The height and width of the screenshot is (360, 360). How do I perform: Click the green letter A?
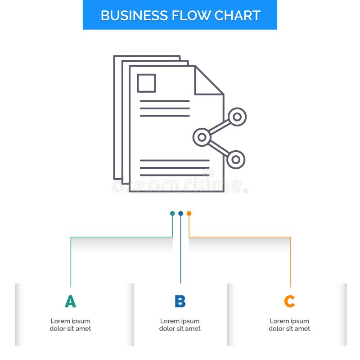coord(70,301)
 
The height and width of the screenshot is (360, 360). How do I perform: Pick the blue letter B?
coord(180,301)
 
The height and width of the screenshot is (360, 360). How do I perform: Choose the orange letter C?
coord(289,301)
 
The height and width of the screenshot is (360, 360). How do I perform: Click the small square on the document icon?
coord(146,83)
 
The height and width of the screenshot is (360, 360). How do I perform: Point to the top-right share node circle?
coord(237,117)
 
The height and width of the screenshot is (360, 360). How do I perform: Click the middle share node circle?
coord(202,137)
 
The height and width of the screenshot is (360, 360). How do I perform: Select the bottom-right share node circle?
coord(236,160)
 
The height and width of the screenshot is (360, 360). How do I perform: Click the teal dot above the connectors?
coord(172,213)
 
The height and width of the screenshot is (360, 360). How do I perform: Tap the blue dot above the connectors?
coord(180,213)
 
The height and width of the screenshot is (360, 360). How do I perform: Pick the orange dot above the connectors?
coord(189,213)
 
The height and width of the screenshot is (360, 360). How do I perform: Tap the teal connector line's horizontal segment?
coord(121,237)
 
